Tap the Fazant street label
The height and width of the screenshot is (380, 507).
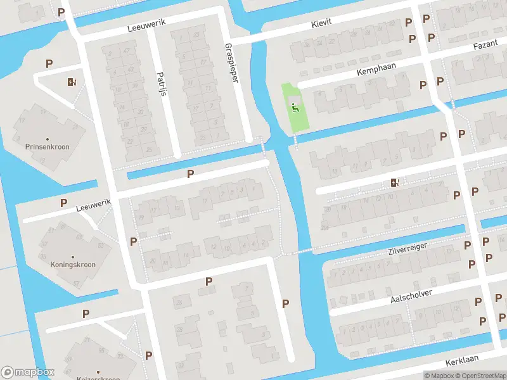pos(487,47)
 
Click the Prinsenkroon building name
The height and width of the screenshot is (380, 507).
pos(48,147)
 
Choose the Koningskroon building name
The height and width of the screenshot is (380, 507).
pos(73,264)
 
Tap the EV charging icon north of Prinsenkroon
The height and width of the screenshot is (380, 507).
pos(70,81)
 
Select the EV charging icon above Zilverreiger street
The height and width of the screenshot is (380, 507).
pos(395,183)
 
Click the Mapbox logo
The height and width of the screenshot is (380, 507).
pos(27,372)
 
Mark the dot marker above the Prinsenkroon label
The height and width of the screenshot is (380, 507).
pos(48,139)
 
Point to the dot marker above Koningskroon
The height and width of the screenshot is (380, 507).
pos(73,256)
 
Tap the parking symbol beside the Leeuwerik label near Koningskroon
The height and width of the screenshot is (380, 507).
pos(63,203)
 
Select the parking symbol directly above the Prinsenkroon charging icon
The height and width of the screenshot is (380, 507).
pos(49,63)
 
